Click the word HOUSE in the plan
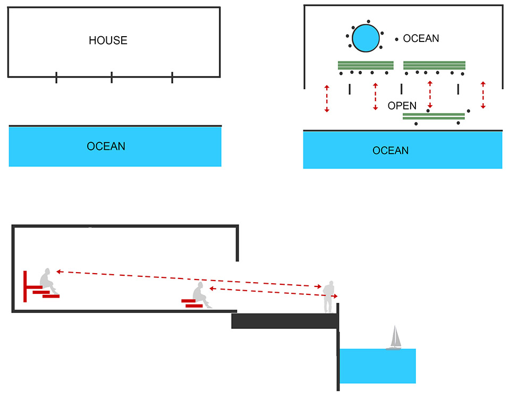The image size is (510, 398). click(x=108, y=40)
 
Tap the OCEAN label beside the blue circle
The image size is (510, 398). click(x=421, y=39)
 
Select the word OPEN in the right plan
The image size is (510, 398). click(x=402, y=106)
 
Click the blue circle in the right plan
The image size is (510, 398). click(x=366, y=38)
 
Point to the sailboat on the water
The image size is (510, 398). click(x=394, y=338)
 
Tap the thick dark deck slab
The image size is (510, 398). click(x=285, y=320)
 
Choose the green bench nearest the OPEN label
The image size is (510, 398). click(x=433, y=116)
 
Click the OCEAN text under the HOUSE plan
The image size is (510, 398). click(x=106, y=146)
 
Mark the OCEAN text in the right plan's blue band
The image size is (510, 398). click(x=390, y=151)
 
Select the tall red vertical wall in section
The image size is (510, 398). click(x=25, y=286)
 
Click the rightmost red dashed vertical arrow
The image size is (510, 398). click(x=483, y=96)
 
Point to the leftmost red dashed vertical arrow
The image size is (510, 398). click(x=327, y=98)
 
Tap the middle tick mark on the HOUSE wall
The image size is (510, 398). click(x=112, y=78)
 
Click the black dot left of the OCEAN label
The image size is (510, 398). click(x=396, y=39)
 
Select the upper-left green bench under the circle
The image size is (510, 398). click(x=365, y=65)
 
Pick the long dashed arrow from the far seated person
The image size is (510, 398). click(x=186, y=279)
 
